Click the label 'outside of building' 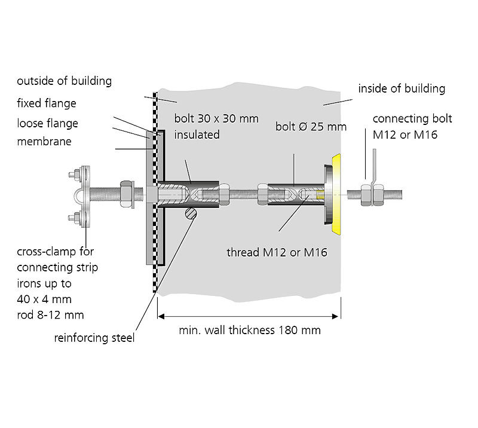pos(64,81)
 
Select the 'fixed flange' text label pos(47,103)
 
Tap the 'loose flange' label pos(47,124)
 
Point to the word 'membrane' pos(44,142)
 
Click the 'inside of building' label pos(402,88)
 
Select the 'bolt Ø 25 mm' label pos(311,127)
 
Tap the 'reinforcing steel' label pos(94,338)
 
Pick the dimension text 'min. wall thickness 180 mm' pos(250,330)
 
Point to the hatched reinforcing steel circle pos(189,213)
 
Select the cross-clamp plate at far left pos(85,195)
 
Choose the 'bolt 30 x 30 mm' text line pos(216,118)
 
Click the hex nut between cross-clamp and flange pos(127,194)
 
